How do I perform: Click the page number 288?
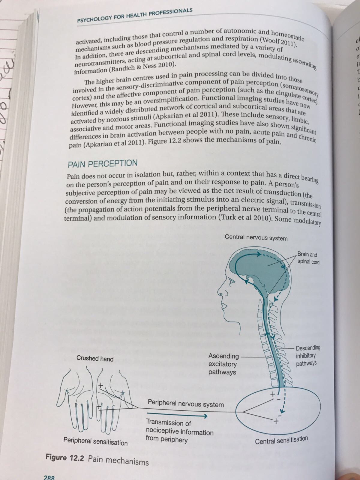coord(49,477)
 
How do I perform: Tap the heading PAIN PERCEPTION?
coord(102,164)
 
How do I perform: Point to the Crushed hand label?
coord(95,358)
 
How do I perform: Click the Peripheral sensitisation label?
coord(95,442)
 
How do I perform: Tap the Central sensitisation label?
coord(281,440)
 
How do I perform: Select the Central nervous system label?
coord(256,238)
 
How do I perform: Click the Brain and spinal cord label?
coord(308,258)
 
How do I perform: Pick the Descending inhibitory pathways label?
coord(307,355)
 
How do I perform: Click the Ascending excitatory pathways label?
coord(223,364)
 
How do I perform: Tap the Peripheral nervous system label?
coord(186,403)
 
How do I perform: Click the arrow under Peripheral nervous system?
coord(177,416)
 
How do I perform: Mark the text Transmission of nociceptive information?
coord(179,427)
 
